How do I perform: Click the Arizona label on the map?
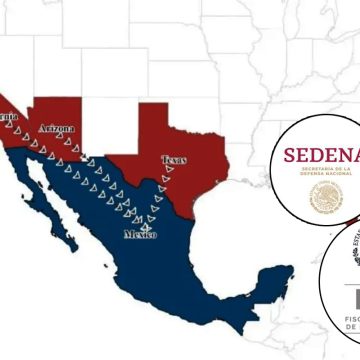(x=55, y=129)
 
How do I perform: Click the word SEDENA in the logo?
(x=320, y=155)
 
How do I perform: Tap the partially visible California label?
(x=8, y=117)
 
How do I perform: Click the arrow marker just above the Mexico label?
(x=147, y=223)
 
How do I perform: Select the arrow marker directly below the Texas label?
(x=166, y=179)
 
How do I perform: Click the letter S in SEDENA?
(x=290, y=155)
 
